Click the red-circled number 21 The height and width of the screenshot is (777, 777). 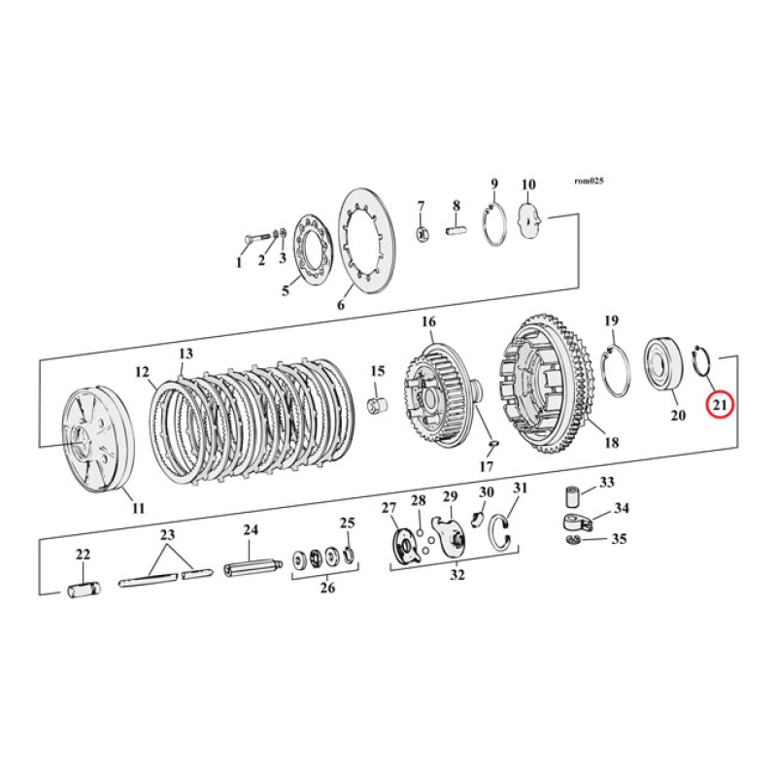(x=720, y=403)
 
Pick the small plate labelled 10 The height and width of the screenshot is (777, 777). (x=531, y=220)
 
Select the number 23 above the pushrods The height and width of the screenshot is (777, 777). (x=167, y=534)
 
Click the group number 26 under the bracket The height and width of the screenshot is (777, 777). (x=326, y=589)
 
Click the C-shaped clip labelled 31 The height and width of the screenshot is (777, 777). (x=506, y=530)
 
